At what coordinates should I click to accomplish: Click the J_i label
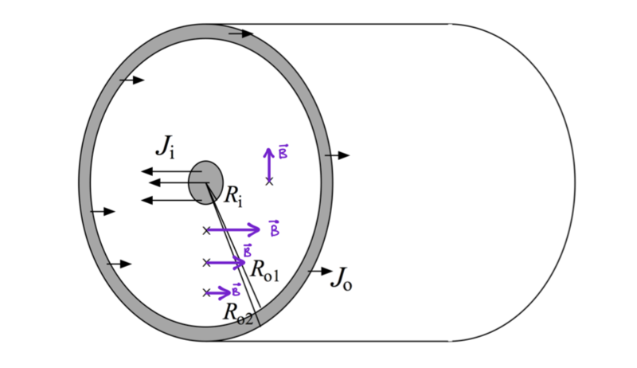165,146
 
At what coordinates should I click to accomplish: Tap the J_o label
340,278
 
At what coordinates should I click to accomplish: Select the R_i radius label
233,194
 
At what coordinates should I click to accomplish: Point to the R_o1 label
264,269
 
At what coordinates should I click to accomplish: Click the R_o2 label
237,313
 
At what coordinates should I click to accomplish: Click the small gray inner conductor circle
205,182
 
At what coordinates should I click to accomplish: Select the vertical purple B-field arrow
269,164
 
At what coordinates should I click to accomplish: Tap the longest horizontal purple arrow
233,230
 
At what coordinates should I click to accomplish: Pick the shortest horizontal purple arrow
218,292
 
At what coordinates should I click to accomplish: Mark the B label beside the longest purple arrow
275,229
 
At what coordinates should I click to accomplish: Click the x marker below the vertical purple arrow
269,182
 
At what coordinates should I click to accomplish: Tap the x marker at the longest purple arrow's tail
206,230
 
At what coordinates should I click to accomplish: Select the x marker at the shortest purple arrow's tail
206,292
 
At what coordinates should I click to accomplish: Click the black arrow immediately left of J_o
320,271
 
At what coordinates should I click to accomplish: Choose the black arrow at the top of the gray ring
240,34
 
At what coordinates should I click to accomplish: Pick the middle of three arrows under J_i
175,183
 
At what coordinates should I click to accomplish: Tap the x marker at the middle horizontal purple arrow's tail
206,262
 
